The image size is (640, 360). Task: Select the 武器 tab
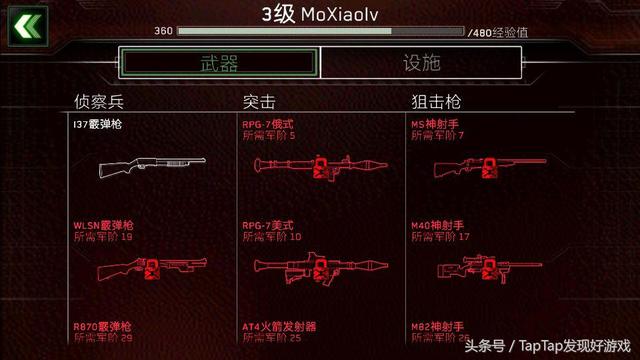(219, 63)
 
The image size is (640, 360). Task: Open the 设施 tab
(421, 63)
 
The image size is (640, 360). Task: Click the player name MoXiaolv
(321, 13)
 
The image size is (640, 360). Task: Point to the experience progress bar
(320, 32)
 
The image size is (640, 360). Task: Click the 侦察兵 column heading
(98, 101)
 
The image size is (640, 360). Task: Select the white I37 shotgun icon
(149, 167)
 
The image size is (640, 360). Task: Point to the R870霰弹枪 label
(103, 326)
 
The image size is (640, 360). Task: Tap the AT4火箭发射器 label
(279, 326)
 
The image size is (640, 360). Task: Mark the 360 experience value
(163, 32)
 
